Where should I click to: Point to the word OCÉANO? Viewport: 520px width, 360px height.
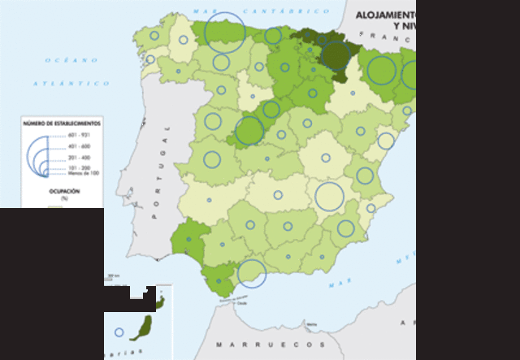tap(71, 60)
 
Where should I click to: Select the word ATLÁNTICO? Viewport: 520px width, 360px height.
tap(71, 83)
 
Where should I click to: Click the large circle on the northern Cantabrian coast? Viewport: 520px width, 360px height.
tap(224, 32)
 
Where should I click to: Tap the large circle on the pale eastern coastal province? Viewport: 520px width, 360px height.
tap(329, 196)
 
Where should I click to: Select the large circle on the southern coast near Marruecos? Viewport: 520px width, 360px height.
tap(251, 273)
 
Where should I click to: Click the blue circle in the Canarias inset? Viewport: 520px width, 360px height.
tap(119, 332)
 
